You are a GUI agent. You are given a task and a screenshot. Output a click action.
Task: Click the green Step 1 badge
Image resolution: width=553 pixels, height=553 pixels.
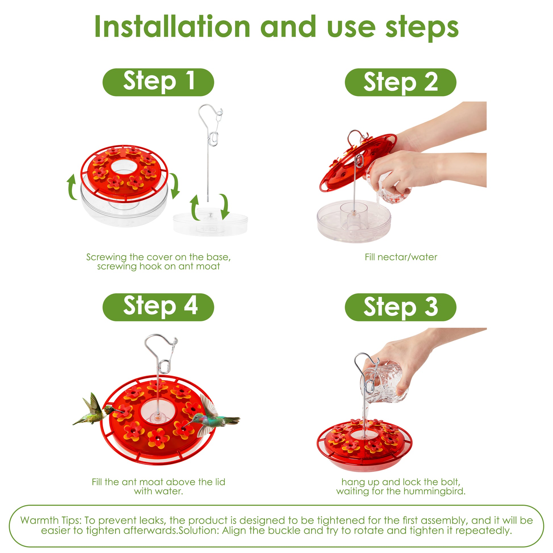[158, 82]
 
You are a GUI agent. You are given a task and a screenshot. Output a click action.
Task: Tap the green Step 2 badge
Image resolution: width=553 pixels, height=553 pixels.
[400, 82]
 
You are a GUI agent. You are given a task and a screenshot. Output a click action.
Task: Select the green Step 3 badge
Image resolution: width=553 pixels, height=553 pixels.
[400, 307]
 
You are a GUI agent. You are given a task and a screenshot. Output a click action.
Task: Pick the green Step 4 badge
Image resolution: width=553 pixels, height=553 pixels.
[158, 307]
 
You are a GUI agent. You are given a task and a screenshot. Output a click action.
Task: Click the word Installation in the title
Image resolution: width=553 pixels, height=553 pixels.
[172, 27]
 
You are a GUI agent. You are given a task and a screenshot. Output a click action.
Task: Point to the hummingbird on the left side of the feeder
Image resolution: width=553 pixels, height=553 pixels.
[96, 409]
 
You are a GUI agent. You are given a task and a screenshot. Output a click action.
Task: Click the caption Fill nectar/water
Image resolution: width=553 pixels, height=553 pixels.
[401, 257]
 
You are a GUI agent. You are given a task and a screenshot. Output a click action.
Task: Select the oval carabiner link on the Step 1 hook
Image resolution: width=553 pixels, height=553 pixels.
[212, 138]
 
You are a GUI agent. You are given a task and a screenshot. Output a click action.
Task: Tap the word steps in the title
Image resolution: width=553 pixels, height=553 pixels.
[422, 28]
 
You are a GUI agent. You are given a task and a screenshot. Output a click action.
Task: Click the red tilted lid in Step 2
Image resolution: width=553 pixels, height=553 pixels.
[358, 162]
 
